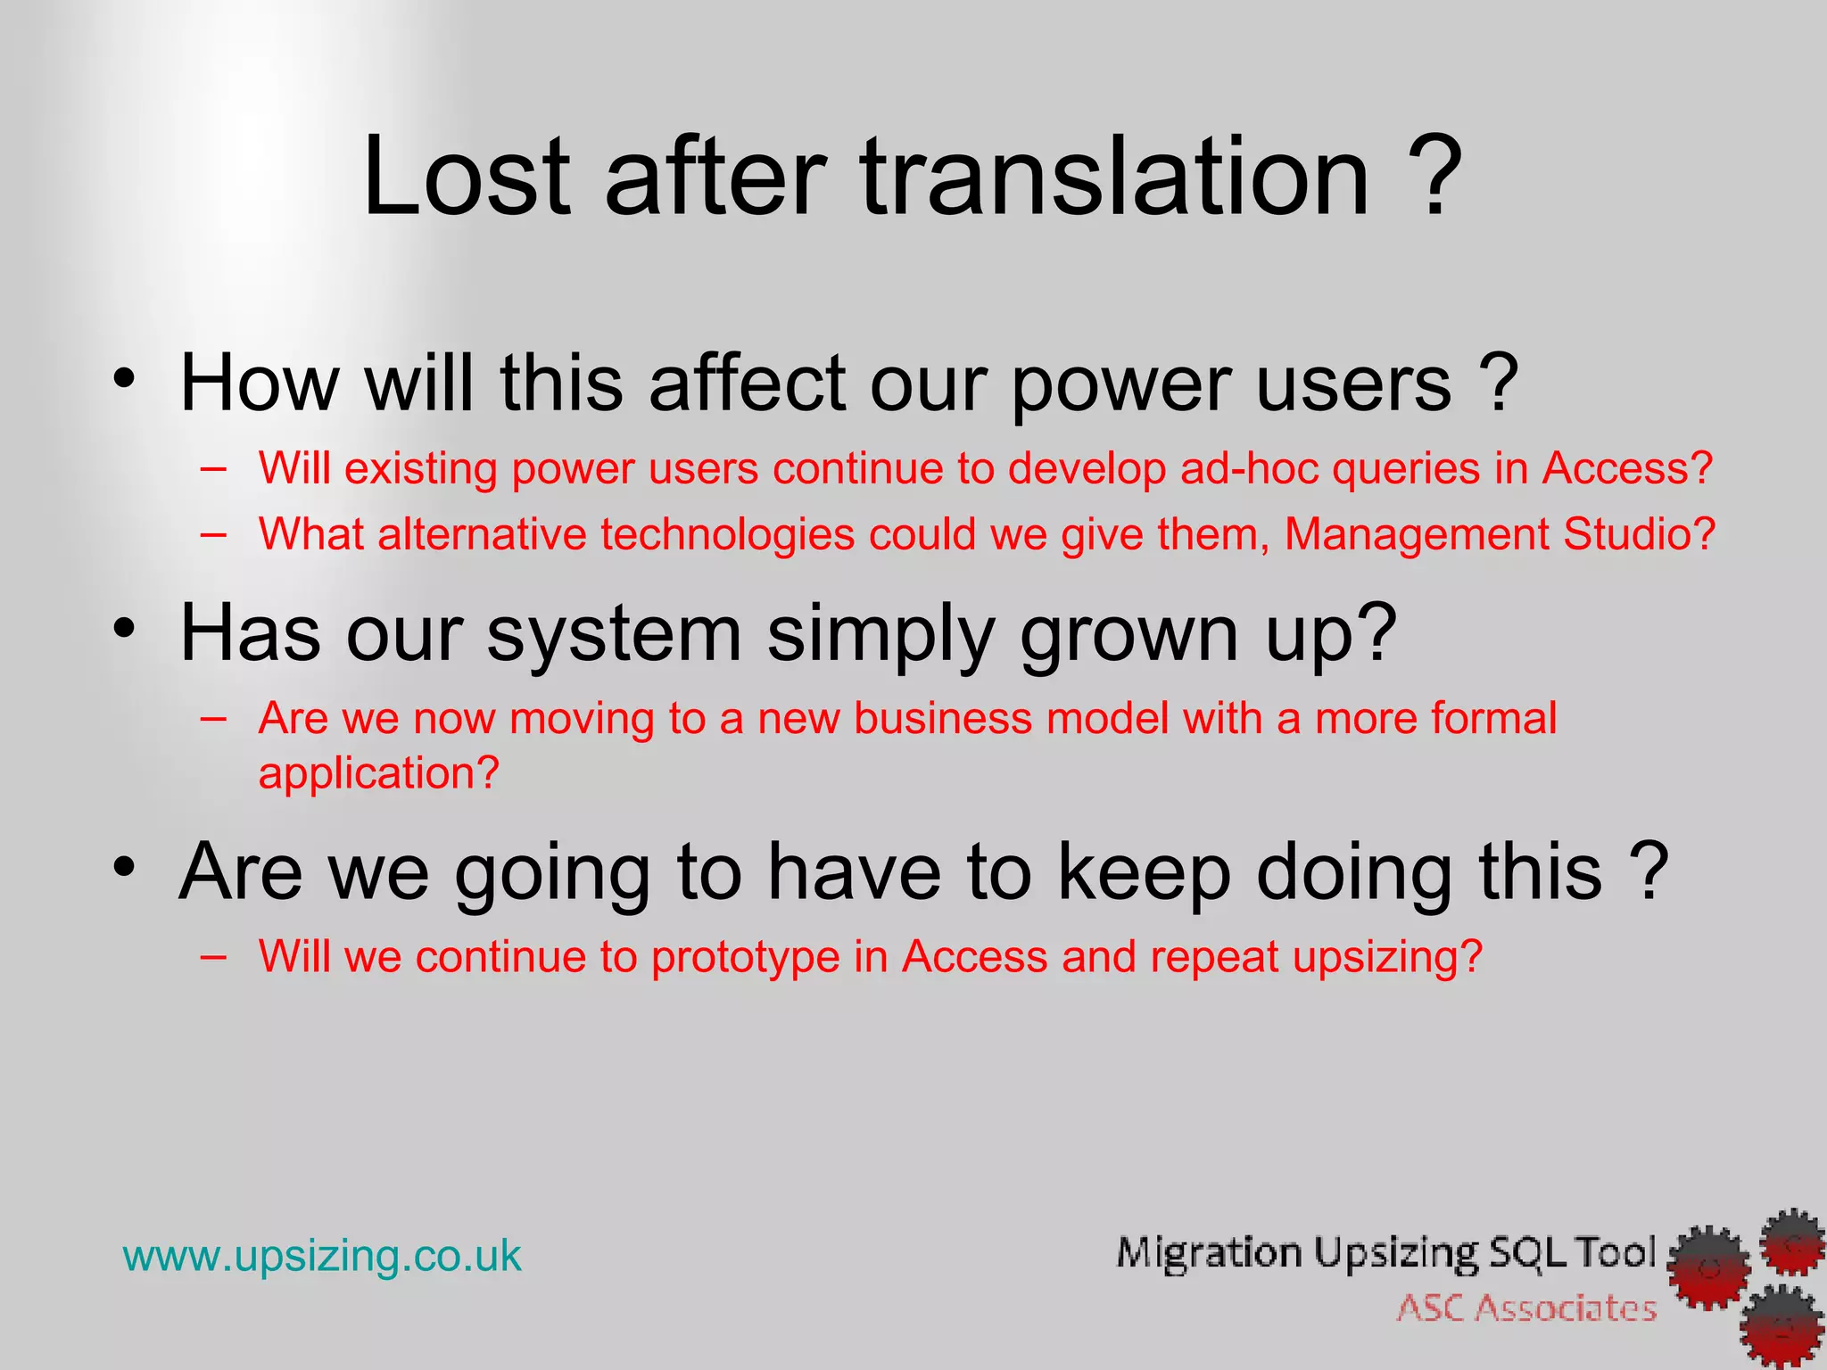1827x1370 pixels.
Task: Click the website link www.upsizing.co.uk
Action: [x=322, y=1256]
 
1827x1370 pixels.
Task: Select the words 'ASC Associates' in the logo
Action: [x=1526, y=1308]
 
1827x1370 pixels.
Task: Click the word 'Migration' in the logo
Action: [x=1209, y=1253]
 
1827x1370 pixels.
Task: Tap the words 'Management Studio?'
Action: [x=1500, y=534]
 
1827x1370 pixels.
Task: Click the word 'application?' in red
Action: [x=378, y=772]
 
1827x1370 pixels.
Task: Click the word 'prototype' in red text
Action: [x=745, y=957]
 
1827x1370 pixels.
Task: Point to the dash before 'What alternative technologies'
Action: [x=213, y=533]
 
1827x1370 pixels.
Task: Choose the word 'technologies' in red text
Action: [x=727, y=534]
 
